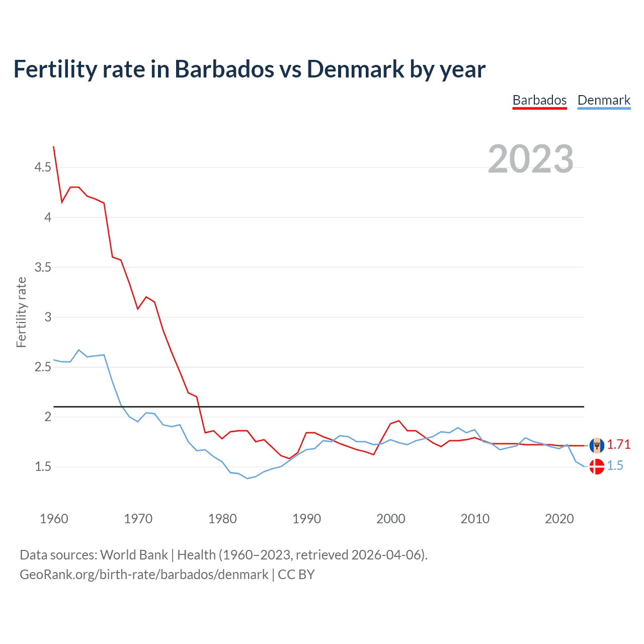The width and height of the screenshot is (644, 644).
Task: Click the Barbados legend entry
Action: click(539, 100)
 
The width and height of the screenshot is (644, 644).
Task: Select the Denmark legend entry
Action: click(604, 100)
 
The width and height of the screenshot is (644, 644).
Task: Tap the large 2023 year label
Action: click(530, 159)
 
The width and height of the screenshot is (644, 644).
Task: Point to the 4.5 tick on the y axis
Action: click(43, 167)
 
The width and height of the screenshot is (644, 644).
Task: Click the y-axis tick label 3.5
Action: click(43, 267)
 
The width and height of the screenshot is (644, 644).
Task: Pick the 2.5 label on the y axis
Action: click(43, 367)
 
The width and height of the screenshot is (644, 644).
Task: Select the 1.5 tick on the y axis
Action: click(43, 466)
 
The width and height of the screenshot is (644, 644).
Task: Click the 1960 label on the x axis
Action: click(54, 519)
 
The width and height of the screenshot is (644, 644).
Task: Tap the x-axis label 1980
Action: click(222, 519)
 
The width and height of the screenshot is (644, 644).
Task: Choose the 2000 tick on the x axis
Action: click(390, 519)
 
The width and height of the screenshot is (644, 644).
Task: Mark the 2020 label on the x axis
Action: click(559, 519)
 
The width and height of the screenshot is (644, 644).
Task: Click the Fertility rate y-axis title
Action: click(21, 312)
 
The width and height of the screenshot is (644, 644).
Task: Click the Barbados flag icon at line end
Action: click(597, 445)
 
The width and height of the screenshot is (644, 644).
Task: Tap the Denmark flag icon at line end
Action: click(597, 466)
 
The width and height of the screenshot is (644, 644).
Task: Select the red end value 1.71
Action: click(618, 445)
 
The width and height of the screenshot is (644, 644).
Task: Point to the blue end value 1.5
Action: click(615, 466)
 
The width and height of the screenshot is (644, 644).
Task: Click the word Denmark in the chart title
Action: click(355, 69)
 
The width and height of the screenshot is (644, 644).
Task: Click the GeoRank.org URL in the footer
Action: click(144, 575)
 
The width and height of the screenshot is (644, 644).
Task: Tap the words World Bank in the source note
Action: click(134, 555)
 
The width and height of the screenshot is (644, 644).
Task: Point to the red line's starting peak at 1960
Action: click(54, 147)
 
